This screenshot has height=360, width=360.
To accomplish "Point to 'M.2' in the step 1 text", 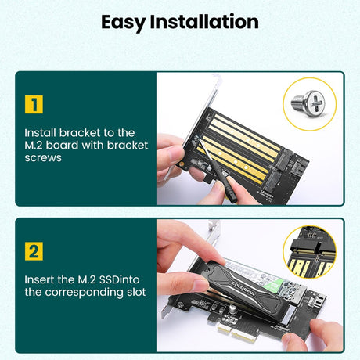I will coord(36,146).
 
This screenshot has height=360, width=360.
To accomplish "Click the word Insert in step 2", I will coord(40,279).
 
